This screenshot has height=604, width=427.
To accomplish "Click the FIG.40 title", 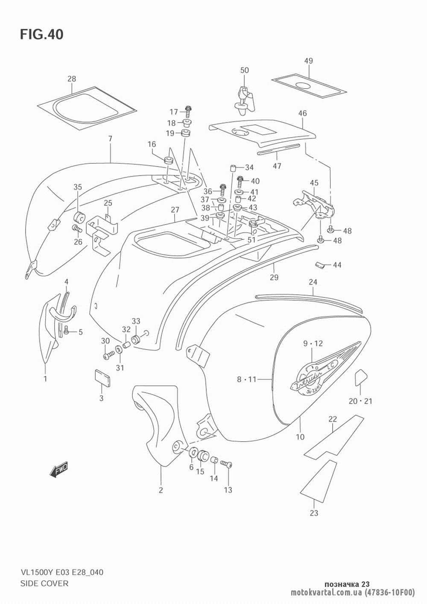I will coord(41,34).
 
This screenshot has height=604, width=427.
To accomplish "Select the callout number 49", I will coord(308,61).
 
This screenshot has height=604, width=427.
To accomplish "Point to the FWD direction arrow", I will coord(58,469).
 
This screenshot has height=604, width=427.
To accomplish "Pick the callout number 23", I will coord(314,513).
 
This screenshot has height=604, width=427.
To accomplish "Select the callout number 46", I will coord(302,113).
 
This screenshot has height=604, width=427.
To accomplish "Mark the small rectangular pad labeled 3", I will coord(102,377).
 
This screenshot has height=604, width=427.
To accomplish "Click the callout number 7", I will coord(110,138).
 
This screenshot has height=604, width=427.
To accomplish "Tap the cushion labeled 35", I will coord(79,216).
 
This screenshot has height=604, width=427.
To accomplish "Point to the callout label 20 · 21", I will coord(360,401).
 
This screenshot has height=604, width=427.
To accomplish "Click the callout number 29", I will coord(274,277).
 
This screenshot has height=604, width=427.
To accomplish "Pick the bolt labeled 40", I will coord(240,182).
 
